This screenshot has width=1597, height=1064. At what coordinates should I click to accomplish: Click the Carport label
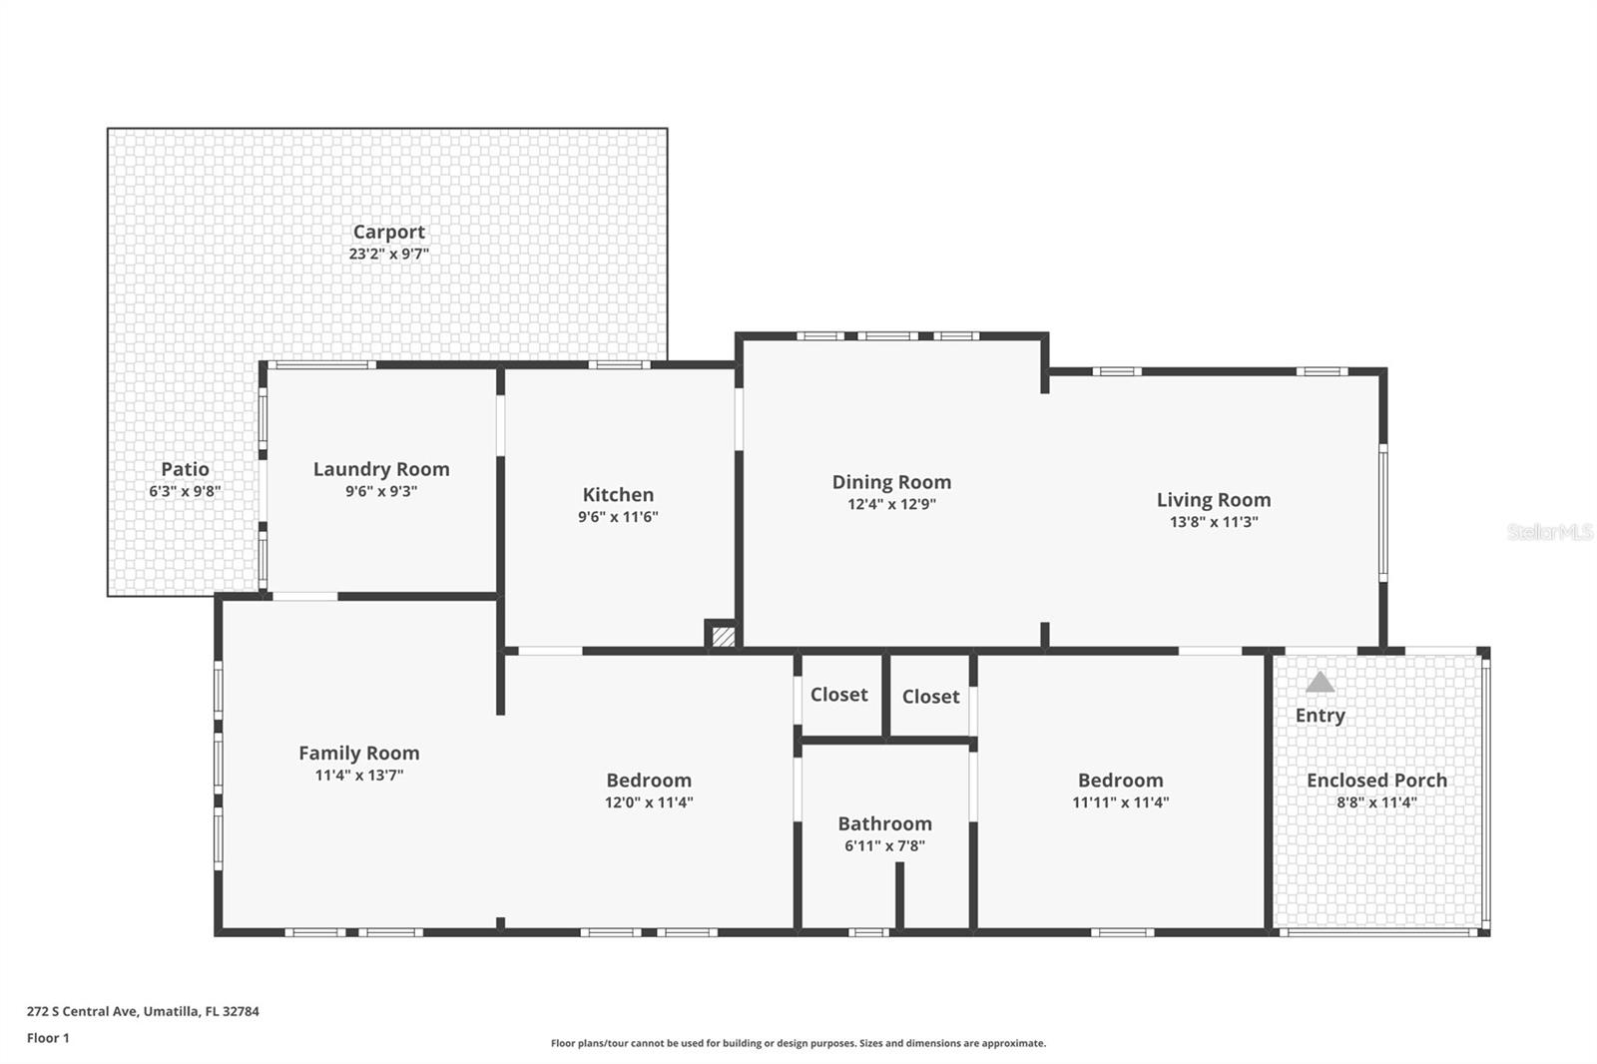tap(388, 232)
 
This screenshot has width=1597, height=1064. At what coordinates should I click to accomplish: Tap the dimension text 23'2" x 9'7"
tap(388, 255)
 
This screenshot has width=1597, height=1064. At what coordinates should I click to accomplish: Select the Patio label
tap(185, 469)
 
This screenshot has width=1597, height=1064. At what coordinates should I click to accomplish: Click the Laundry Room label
tap(381, 469)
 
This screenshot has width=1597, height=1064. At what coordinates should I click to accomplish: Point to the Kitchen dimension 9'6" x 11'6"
tap(618, 517)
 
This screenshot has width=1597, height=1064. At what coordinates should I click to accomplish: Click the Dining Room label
tap(891, 482)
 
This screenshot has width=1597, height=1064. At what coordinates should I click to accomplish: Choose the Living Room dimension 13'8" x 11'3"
tap(1214, 522)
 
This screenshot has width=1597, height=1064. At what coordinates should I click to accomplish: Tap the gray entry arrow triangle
tap(1320, 683)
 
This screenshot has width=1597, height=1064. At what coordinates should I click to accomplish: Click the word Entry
tap(1320, 716)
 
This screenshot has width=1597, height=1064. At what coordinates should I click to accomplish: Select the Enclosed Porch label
tap(1376, 781)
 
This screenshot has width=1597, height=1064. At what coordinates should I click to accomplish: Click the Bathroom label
tap(884, 823)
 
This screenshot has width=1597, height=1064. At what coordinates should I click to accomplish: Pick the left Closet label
tap(838, 695)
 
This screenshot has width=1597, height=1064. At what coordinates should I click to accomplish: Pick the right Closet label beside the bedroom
tap(930, 697)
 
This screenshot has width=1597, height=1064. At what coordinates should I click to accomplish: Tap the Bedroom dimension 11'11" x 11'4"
tap(1120, 802)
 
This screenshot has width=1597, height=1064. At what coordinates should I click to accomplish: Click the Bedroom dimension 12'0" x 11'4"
tap(649, 802)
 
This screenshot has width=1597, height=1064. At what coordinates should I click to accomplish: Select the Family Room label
tap(358, 754)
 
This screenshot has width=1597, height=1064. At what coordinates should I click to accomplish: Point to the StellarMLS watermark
tap(1549, 533)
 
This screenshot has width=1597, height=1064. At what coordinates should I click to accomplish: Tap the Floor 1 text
tap(48, 1038)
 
